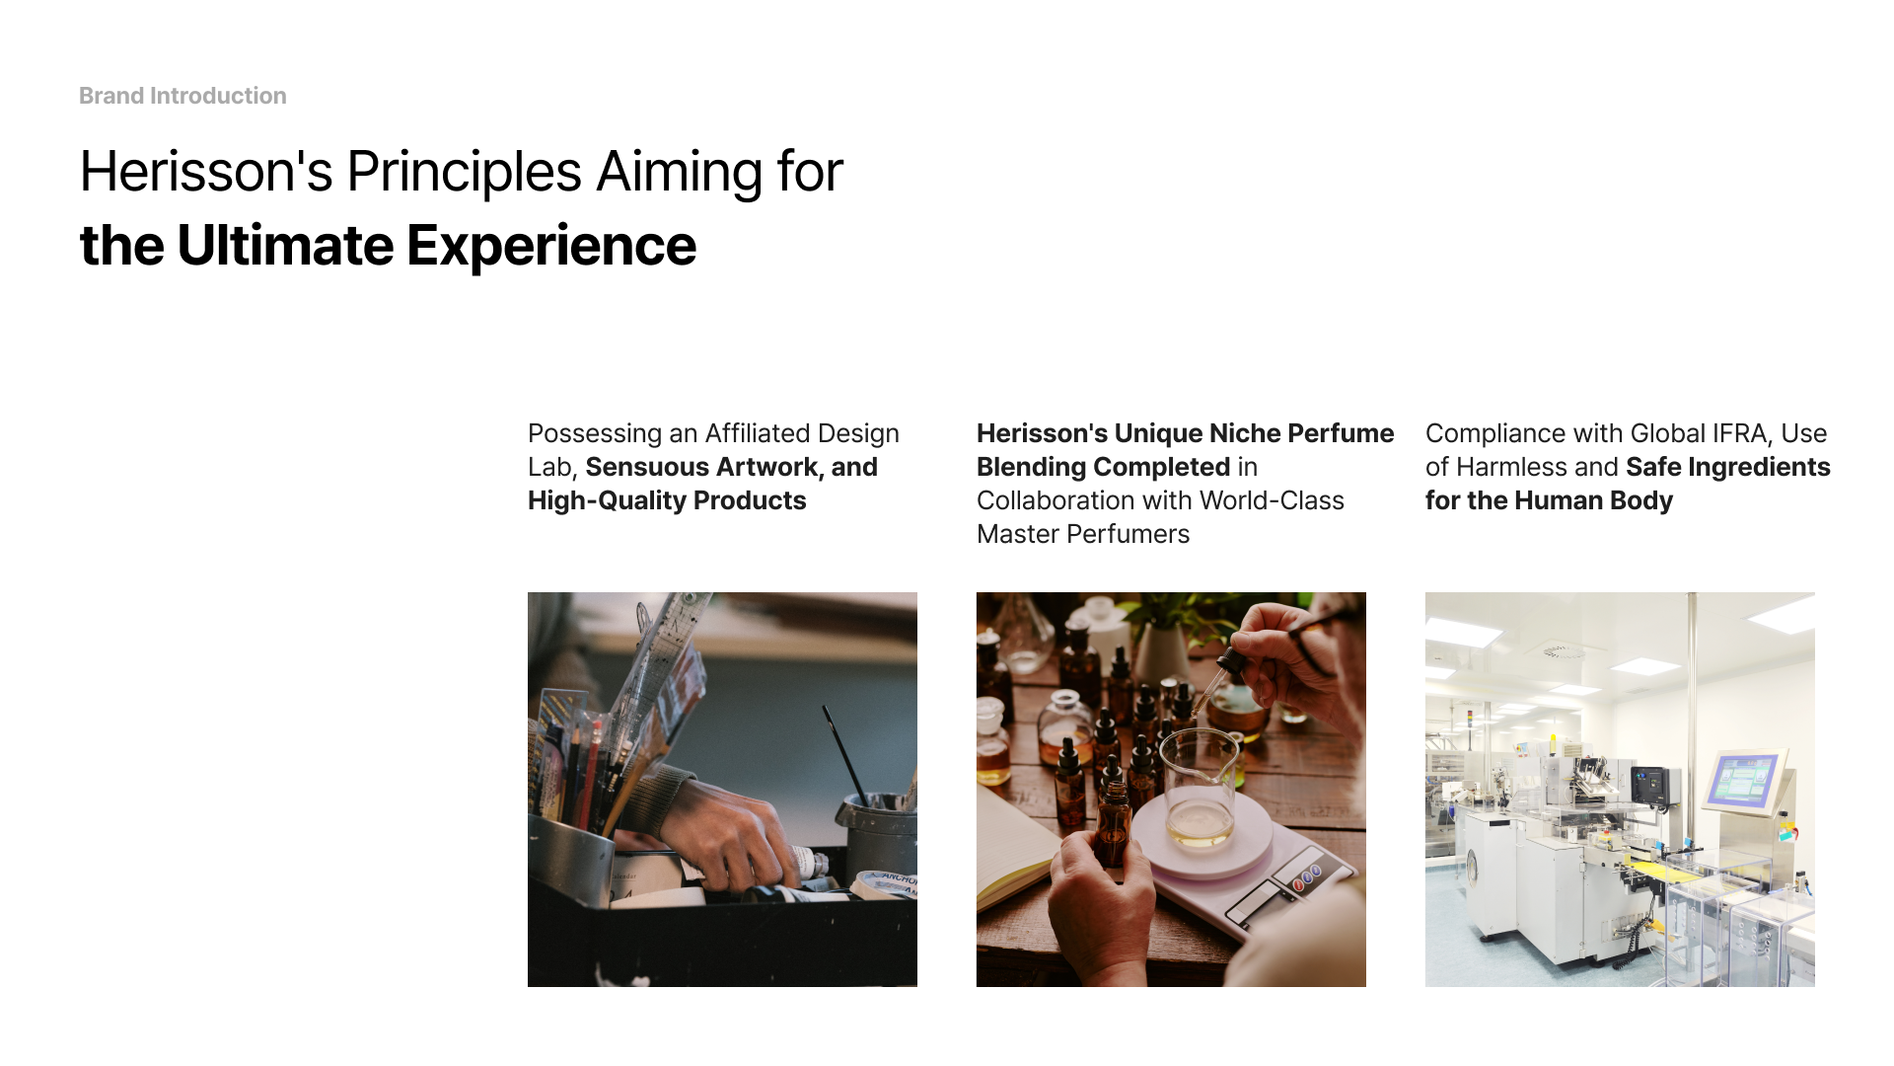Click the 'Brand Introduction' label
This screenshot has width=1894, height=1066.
[182, 96]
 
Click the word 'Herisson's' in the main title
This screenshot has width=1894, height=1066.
[206, 171]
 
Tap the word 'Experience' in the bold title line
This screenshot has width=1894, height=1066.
[551, 246]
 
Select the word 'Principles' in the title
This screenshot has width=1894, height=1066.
[464, 173]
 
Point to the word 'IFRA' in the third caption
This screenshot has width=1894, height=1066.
[1733, 433]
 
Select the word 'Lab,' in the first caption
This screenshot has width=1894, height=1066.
[552, 467]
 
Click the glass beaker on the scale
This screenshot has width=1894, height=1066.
[1199, 785]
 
